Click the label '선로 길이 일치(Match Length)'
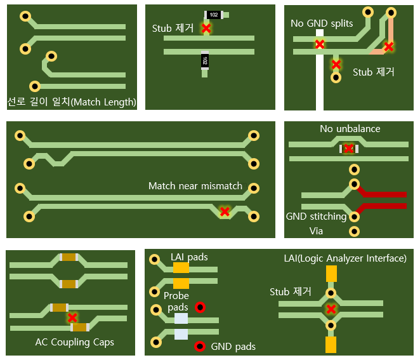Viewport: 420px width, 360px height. point(72,102)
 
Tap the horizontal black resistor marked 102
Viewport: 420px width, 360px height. point(214,15)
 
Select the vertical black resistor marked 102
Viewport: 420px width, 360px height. point(205,60)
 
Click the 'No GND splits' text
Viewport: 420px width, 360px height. point(322,23)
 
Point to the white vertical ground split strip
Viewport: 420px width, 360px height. point(319,89)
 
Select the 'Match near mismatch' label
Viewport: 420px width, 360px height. point(195,186)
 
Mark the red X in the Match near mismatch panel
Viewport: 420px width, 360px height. point(224,211)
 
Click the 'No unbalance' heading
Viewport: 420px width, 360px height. point(350,129)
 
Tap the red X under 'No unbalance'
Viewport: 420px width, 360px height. point(349,149)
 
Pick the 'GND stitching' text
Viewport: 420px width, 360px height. point(316,217)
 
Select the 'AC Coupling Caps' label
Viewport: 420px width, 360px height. point(75,342)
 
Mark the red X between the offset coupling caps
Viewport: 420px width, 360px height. point(72,317)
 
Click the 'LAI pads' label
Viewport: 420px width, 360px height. point(189,257)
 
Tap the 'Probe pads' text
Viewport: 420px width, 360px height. point(176,302)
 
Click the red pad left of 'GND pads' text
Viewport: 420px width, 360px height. point(199,347)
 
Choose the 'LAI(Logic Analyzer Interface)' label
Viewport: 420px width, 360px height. point(345,258)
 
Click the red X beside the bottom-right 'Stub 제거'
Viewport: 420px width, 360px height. point(331,309)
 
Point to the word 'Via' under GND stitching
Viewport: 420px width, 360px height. point(315,231)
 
